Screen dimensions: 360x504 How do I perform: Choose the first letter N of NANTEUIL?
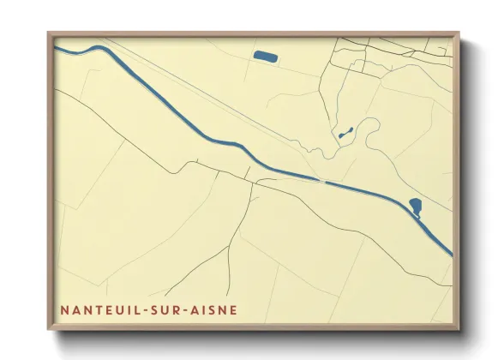click(x=63, y=309)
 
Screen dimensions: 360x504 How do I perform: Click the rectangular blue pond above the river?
click(x=265, y=57)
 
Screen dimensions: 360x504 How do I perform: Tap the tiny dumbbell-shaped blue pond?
click(x=345, y=134)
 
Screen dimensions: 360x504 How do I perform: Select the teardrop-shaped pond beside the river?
click(x=416, y=207)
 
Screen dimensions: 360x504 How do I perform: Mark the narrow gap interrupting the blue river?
click(x=324, y=182)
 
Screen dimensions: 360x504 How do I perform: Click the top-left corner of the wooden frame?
click(x=49, y=33)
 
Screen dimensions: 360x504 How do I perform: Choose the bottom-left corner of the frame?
click(x=49, y=328)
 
